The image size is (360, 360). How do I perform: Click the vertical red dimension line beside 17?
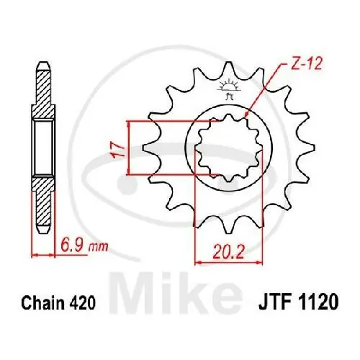[x=129, y=148]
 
